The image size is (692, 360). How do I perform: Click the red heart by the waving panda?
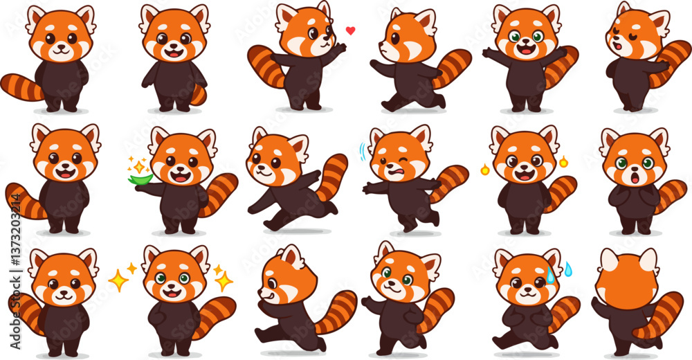[350, 30]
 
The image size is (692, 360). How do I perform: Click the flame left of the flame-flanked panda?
[484, 168]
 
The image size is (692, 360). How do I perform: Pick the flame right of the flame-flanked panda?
[564, 163]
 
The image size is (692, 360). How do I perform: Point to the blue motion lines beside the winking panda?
[363, 152]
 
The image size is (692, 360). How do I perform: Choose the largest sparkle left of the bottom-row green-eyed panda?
[119, 280]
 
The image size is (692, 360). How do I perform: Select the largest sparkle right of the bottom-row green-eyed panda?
[224, 280]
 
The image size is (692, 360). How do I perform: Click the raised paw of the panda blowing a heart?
[340, 48]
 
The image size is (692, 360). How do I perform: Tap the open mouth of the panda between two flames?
[525, 176]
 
